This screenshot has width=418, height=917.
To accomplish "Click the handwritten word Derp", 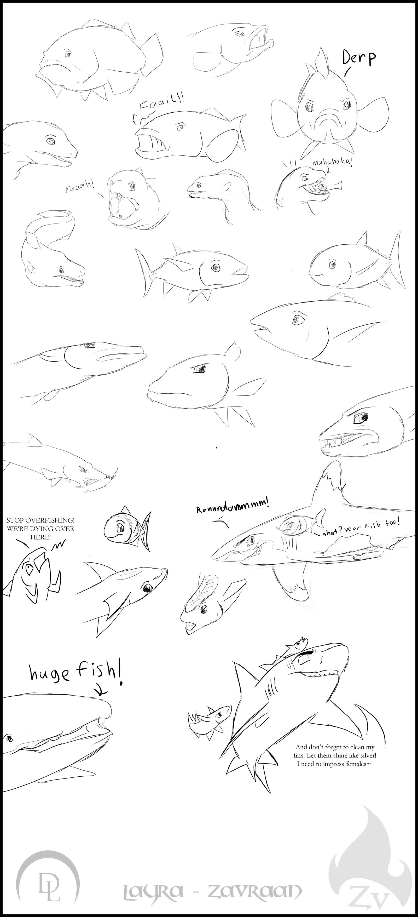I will point(359,58).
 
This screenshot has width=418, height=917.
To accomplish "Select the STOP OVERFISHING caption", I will point(40,529).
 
